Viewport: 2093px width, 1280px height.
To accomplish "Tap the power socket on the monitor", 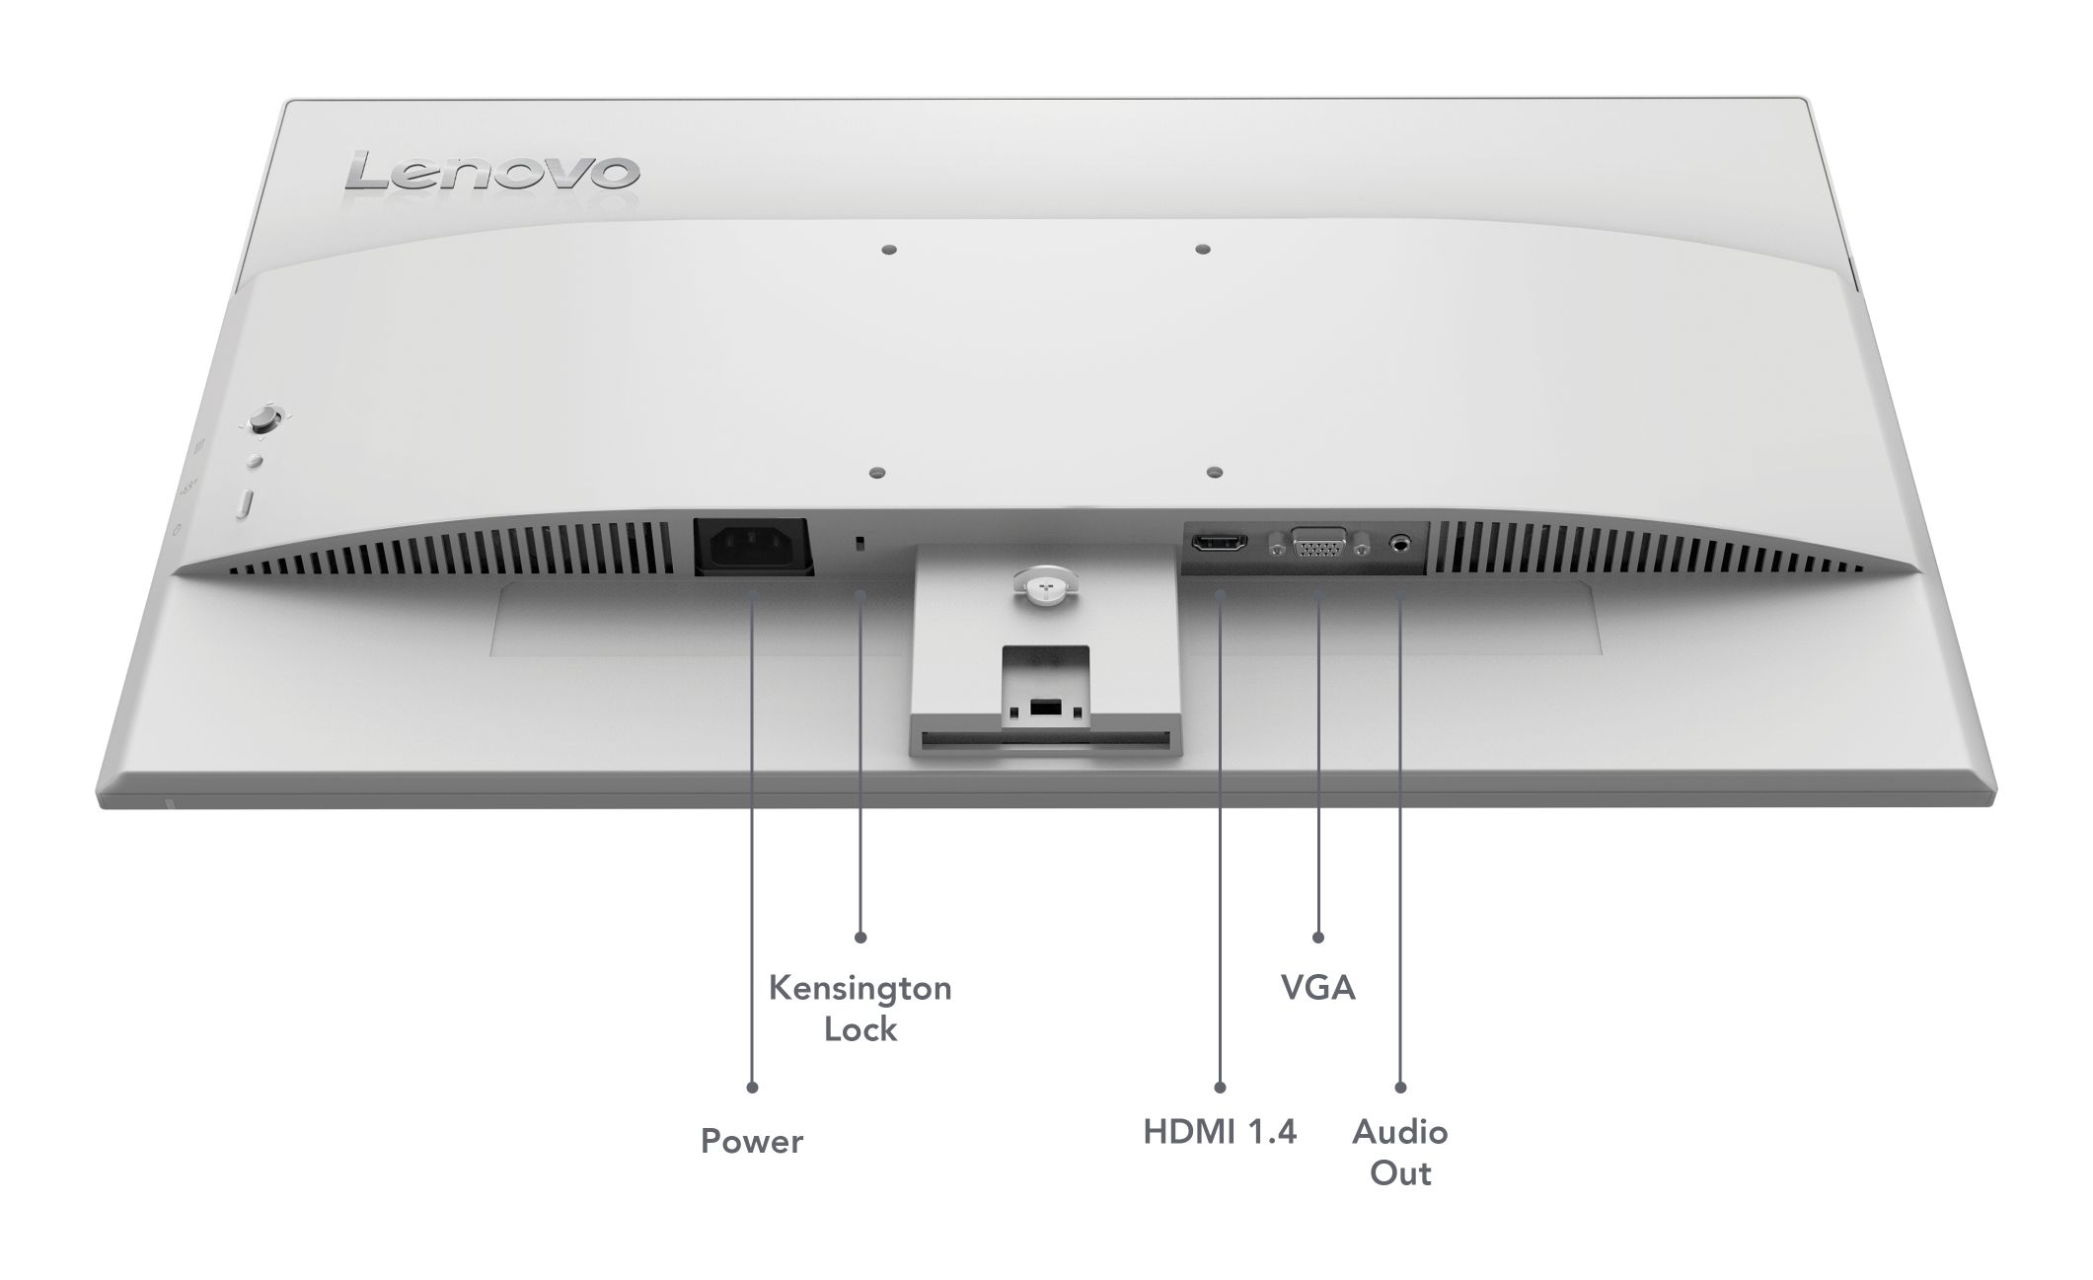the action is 753,547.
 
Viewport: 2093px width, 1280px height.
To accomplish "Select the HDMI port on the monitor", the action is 1220,543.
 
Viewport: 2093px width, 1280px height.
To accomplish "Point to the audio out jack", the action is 1400,543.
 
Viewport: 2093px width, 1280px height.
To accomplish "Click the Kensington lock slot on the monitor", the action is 860,543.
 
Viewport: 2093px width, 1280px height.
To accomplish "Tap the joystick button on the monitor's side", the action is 263,419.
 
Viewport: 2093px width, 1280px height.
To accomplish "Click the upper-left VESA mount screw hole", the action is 888,251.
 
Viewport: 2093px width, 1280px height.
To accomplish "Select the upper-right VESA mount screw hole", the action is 1201,251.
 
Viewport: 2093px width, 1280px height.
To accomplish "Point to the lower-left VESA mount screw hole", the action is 877,474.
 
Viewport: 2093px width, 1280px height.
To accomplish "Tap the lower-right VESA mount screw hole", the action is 1215,474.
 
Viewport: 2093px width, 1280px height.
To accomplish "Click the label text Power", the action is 752,1142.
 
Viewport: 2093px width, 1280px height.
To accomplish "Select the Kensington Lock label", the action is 860,1009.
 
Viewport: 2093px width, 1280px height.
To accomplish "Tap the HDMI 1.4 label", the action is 1220,1132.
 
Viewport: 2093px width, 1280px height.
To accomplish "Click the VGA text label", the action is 1318,988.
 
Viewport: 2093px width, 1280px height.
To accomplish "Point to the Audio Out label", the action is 1400,1153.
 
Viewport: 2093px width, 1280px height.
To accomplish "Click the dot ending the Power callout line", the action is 752,1088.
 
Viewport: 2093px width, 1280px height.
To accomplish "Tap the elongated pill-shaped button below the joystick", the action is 246,503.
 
